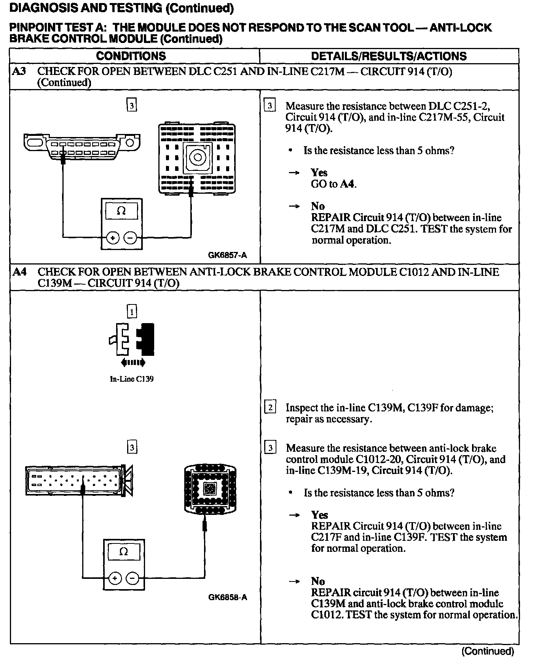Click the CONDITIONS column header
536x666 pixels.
tap(131, 56)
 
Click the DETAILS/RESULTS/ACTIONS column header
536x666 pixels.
tap(389, 56)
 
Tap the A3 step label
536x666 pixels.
tap(19, 71)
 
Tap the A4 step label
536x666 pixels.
tap(19, 272)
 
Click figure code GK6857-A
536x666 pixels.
tap(227, 255)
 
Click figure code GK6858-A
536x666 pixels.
tap(227, 597)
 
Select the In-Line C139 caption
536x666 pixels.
tap(132, 379)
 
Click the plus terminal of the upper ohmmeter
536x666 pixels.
tap(113, 238)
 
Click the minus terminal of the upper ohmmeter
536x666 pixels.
tap(131, 238)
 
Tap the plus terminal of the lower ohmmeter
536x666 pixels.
tap(115, 578)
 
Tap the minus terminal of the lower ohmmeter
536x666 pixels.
tap(132, 578)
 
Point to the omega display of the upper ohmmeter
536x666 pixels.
tap(121, 211)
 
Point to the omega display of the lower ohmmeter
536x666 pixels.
tap(124, 552)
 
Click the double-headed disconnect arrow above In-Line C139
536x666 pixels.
tap(133, 363)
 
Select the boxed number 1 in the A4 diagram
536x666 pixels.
tap(131, 312)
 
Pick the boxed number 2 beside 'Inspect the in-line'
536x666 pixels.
tap(270, 408)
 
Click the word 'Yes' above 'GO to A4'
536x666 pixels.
tap(319, 173)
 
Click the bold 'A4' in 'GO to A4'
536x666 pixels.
tap(348, 184)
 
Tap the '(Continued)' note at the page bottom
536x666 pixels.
tap(487, 651)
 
